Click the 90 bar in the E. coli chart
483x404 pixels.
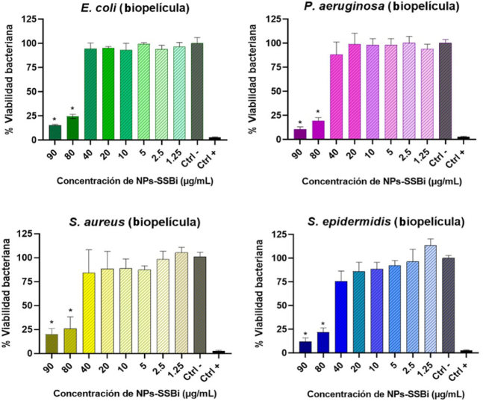pyautogui.click(x=55, y=132)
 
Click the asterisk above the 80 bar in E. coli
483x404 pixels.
pyautogui.click(x=73, y=110)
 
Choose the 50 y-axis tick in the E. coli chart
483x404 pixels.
pyautogui.click(x=34, y=92)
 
